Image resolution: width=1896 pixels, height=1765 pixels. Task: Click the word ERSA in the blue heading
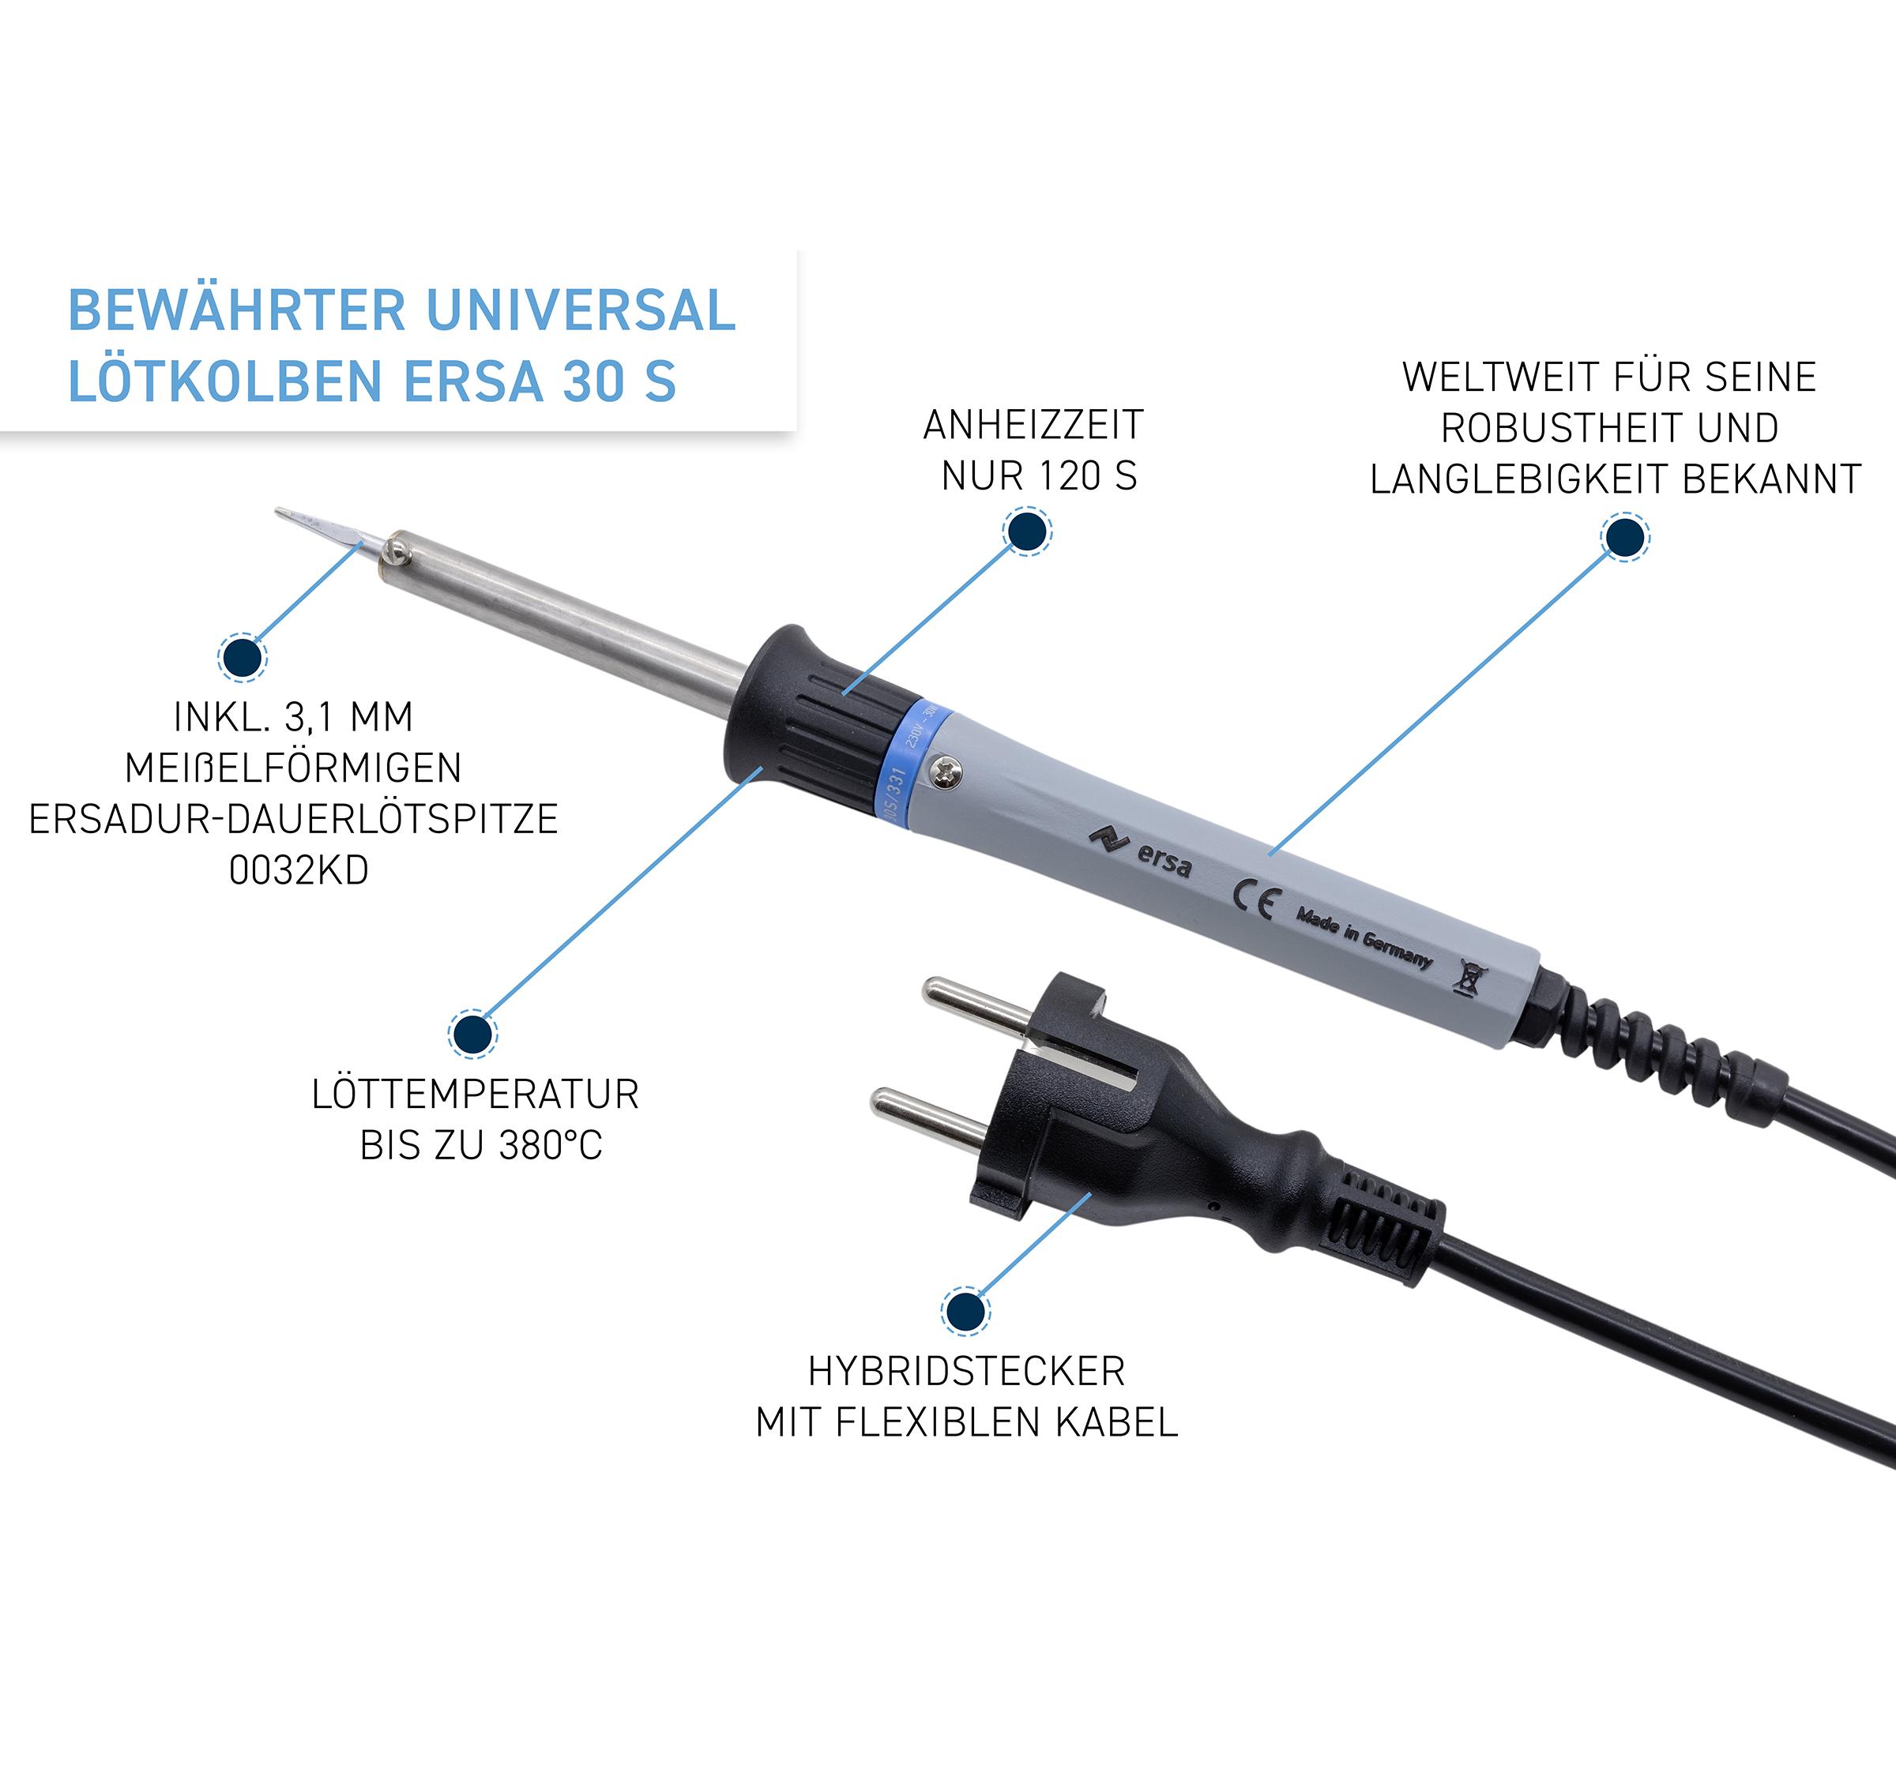473,381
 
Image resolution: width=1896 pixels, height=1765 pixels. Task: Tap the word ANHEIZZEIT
1033,426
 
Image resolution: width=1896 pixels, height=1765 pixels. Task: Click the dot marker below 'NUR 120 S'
1027,531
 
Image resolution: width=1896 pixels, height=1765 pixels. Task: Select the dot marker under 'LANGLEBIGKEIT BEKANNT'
1624,537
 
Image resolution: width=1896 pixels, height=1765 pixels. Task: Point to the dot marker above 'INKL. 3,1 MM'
243,657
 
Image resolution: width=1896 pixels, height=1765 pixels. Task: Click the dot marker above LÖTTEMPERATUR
472,1034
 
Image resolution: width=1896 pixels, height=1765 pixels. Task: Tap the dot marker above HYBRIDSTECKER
965,1310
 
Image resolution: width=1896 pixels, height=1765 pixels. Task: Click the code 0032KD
299,869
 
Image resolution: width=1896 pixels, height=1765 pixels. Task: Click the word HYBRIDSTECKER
966,1371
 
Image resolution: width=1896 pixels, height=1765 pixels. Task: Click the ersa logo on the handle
1141,850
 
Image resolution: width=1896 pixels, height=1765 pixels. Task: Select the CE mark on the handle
1253,899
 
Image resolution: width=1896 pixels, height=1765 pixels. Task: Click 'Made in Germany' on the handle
1364,937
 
